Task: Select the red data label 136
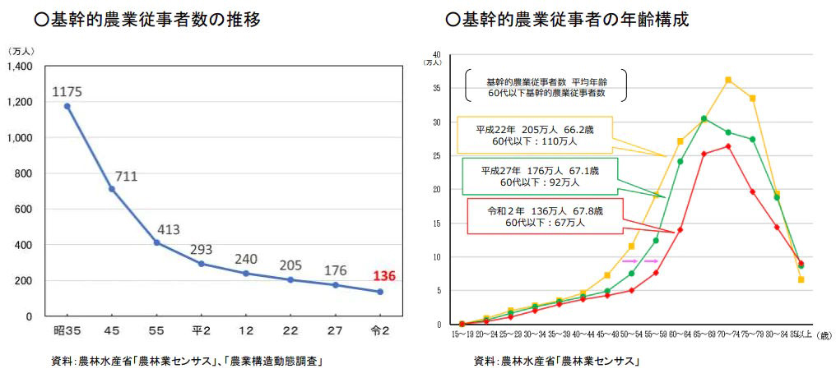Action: pyautogui.click(x=383, y=276)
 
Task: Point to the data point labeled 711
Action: pyautogui.click(x=112, y=189)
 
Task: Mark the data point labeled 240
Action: pyautogui.click(x=245, y=273)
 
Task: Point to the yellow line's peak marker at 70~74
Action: pyautogui.click(x=728, y=80)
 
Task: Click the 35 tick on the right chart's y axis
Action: pyautogui.click(x=438, y=89)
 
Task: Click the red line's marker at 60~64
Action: pyautogui.click(x=680, y=230)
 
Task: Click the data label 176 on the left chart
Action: pyautogui.click(x=334, y=269)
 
